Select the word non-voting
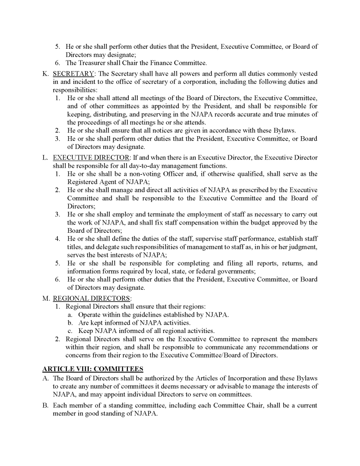pos(141,174)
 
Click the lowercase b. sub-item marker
pos(70,323)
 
